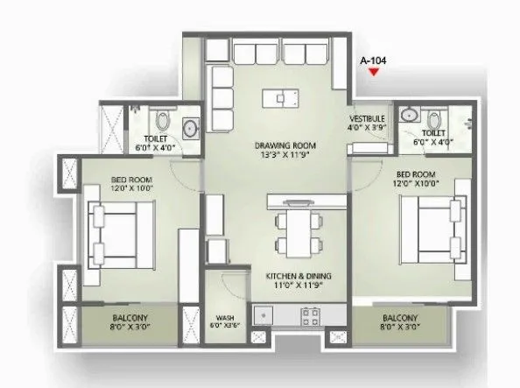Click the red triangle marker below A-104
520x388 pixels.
(x=374, y=74)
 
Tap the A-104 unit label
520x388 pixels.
(x=374, y=60)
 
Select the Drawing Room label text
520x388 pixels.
(x=285, y=145)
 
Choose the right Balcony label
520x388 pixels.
(x=399, y=317)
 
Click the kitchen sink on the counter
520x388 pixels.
(x=261, y=313)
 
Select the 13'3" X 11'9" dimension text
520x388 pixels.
(x=285, y=155)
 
